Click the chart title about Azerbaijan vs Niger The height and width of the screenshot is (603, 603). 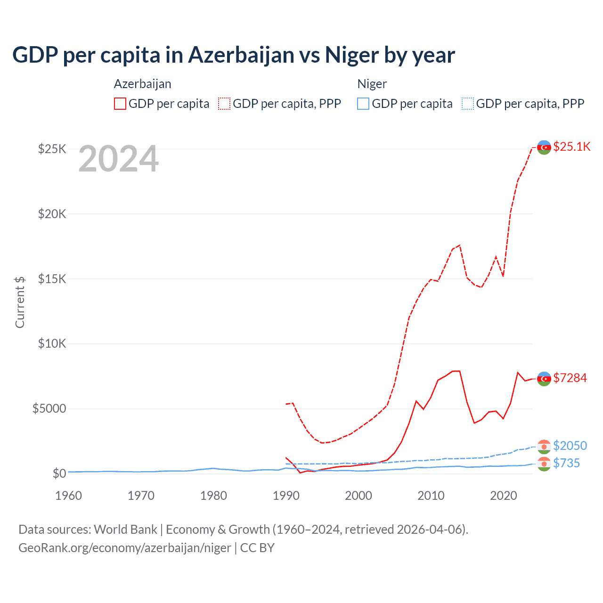(234, 55)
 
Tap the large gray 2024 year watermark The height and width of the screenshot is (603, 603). (118, 159)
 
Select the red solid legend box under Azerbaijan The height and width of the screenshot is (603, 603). (120, 104)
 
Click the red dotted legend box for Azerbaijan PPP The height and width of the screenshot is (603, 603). (224, 104)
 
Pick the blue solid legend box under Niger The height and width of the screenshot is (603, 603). (363, 104)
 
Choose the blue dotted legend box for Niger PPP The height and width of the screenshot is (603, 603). (468, 104)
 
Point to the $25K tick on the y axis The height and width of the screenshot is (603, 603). (52, 149)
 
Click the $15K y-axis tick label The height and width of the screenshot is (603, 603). (52, 279)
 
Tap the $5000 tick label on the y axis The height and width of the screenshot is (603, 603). (49, 408)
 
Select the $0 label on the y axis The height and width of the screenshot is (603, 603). (59, 473)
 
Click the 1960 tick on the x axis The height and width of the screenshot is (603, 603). (69, 496)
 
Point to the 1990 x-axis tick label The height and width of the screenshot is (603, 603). (286, 496)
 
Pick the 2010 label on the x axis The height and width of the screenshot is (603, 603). (431, 496)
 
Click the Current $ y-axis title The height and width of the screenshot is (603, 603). (20, 302)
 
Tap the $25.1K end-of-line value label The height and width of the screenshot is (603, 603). (571, 147)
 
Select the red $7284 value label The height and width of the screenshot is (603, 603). (570, 378)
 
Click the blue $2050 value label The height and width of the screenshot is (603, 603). (570, 446)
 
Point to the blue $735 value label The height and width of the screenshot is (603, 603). (566, 463)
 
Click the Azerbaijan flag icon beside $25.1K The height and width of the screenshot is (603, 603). (544, 147)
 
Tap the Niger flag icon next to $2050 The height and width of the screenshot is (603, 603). (544, 446)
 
